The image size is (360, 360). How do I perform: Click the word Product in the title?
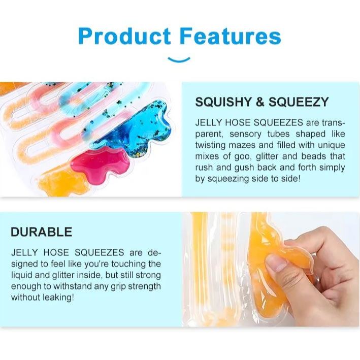pyautogui.click(x=124, y=36)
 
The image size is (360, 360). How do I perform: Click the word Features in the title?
pyautogui.click(x=231, y=36)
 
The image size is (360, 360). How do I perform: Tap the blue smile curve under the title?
pyautogui.click(x=179, y=59)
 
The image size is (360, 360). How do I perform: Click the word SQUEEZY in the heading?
pyautogui.click(x=299, y=102)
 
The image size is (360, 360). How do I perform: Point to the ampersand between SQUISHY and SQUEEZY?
pyautogui.click(x=260, y=102)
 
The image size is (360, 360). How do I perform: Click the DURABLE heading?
pyautogui.click(x=42, y=232)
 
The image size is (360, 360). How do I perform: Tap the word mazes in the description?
pyautogui.click(x=242, y=145)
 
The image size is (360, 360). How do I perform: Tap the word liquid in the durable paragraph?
pyautogui.click(x=22, y=275)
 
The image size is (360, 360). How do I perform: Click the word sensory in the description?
pyautogui.click(x=245, y=134)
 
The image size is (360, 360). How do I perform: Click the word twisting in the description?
pyautogui.click(x=210, y=145)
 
